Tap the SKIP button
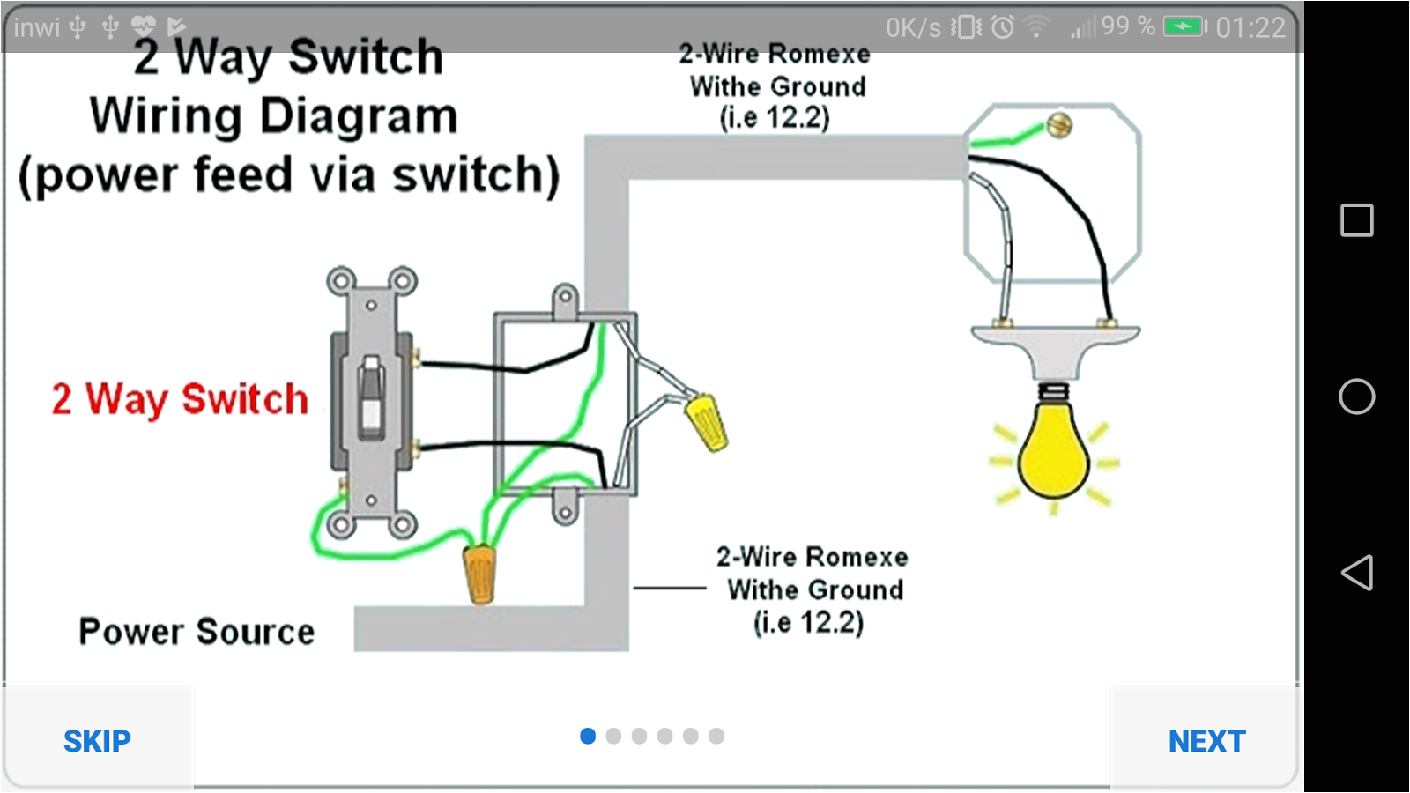pyautogui.click(x=97, y=741)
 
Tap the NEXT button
pyautogui.click(x=1206, y=741)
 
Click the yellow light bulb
pyautogui.click(x=1053, y=454)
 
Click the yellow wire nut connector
pyautogui.click(x=706, y=420)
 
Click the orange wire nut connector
pyautogui.click(x=480, y=573)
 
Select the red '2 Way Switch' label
pyautogui.click(x=180, y=399)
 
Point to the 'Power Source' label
pyautogui.click(x=197, y=632)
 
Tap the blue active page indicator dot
pyautogui.click(x=588, y=736)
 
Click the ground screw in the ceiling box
pyautogui.click(x=1059, y=124)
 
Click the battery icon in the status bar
pyautogui.click(x=1184, y=26)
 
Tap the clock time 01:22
pyautogui.click(x=1250, y=27)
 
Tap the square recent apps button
pyautogui.click(x=1356, y=220)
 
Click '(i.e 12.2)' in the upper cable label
pyautogui.click(x=775, y=117)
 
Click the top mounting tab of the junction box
pyautogui.click(x=565, y=300)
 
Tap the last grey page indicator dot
pyautogui.click(x=716, y=736)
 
